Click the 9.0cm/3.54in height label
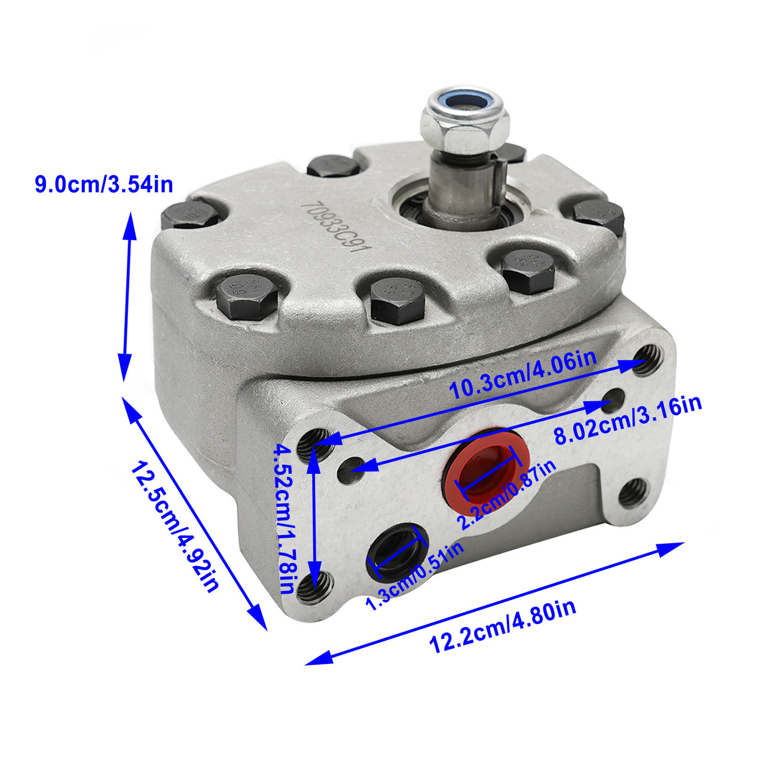[103, 184]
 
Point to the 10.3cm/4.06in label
[523, 374]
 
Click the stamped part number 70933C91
[333, 227]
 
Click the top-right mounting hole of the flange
[647, 359]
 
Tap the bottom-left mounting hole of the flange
[315, 587]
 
